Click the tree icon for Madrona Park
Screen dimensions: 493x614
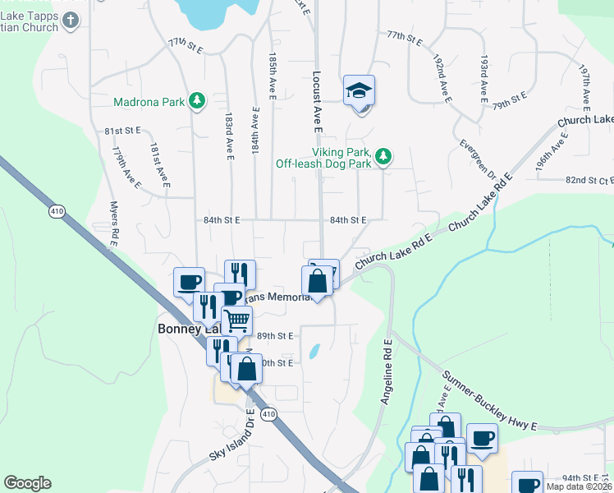tap(196, 101)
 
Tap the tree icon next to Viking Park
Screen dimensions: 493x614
tap(383, 156)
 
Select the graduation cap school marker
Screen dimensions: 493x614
tap(359, 90)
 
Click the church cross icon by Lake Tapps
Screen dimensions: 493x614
tap(71, 21)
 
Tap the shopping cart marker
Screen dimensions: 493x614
tap(236, 320)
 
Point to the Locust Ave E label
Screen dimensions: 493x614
tap(316, 100)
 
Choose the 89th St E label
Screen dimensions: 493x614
tap(275, 336)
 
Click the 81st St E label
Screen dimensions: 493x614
tap(123, 131)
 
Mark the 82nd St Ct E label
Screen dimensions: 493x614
tap(589, 180)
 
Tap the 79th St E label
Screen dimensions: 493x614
tap(509, 101)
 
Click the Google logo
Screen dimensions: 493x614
tap(27, 483)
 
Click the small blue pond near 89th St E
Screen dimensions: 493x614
tap(314, 352)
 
